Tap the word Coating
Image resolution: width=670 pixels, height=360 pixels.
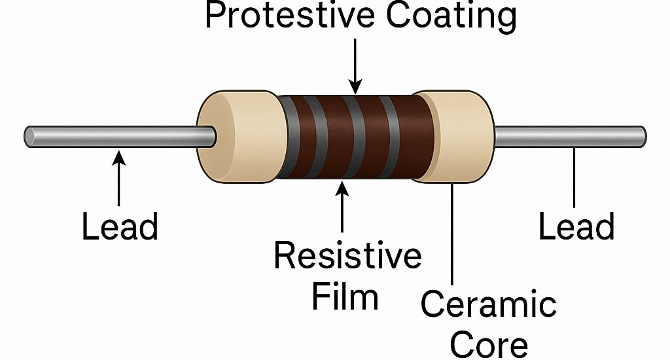coord(451,16)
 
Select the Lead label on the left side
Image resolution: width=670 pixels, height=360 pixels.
coord(120,226)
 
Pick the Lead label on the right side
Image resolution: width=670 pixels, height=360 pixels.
coord(576,226)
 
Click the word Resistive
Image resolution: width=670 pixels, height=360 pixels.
coord(347,255)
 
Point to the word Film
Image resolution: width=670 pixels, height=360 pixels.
coord(345,297)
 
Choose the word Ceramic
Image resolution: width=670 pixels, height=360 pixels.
coord(488,304)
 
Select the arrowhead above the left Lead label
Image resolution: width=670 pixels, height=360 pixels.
coord(118,157)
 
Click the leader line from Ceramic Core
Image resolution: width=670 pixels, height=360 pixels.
coord(452,236)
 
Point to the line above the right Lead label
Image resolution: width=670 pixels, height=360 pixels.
coord(574,177)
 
